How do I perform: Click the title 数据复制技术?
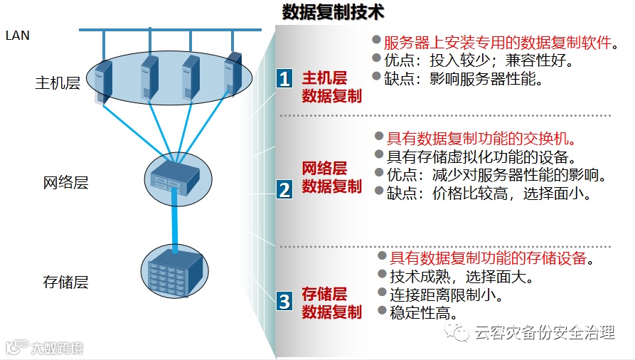[333, 12]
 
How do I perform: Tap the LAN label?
[18, 34]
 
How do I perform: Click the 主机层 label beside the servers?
[58, 83]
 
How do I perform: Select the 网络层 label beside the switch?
[65, 183]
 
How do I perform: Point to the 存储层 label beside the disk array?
[65, 282]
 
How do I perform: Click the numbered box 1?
[284, 78]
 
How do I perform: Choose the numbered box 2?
[284, 189]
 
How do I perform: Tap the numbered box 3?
[284, 301]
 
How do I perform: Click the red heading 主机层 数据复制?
[332, 87]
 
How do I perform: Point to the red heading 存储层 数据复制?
[332, 302]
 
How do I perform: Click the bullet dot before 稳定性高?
[382, 311]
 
